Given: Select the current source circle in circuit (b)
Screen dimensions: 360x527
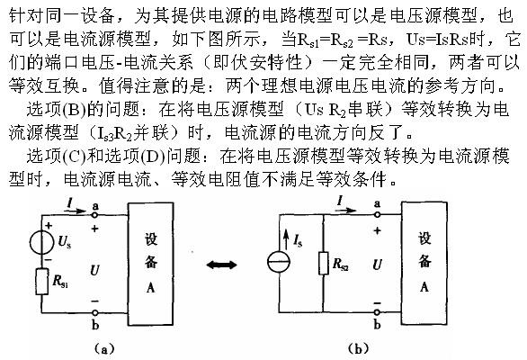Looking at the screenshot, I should (x=279, y=262).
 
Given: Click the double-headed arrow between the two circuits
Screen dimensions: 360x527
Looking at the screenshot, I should (x=220, y=265).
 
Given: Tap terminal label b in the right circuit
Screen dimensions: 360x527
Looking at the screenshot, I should (x=377, y=321).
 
